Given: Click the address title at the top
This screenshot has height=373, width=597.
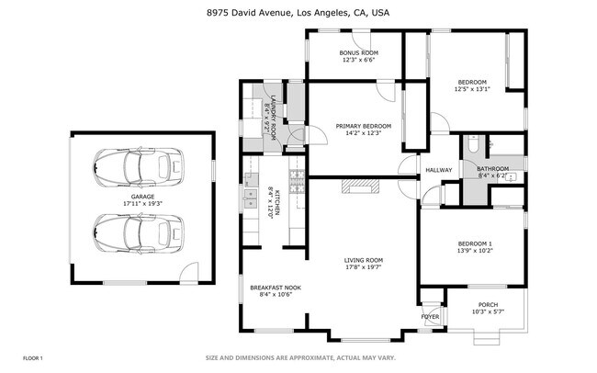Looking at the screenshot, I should (298, 12).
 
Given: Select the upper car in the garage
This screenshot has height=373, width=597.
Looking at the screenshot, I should (139, 167).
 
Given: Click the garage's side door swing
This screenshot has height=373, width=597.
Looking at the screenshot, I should (189, 271).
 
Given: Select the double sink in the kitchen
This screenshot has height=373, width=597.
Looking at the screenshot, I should (249, 194).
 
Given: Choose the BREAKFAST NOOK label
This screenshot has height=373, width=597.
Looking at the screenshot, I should (275, 290).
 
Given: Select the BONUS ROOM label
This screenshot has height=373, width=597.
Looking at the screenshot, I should (357, 56).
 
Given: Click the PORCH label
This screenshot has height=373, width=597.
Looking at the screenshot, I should (488, 308).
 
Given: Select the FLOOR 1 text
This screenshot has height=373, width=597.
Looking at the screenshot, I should (33, 357).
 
